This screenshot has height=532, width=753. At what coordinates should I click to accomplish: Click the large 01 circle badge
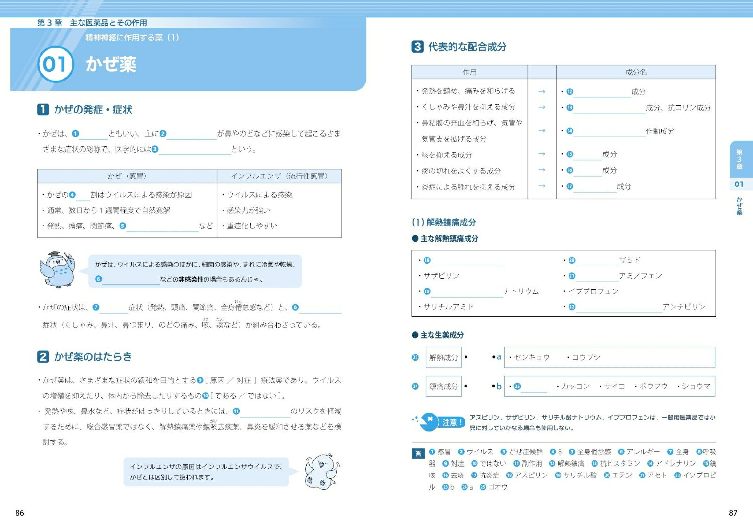(56, 64)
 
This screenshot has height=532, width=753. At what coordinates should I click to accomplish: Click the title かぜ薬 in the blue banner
(111, 64)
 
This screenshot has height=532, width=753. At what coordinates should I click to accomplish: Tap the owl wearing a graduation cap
(58, 269)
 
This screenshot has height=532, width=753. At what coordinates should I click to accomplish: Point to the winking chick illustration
(321, 472)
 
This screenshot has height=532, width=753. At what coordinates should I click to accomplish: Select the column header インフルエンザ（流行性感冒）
(279, 176)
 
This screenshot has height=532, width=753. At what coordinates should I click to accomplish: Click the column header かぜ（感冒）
(127, 176)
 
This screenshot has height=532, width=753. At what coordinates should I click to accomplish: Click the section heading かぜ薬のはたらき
(93, 356)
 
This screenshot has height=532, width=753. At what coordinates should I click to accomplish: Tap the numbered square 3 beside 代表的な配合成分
(417, 47)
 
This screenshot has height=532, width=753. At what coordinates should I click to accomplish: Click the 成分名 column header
(636, 72)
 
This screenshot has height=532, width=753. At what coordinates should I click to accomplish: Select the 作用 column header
(469, 72)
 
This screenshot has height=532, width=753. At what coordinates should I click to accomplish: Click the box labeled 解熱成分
(443, 357)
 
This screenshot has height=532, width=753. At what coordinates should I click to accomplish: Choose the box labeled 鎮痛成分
(443, 386)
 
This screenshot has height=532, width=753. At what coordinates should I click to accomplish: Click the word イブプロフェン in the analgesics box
(593, 291)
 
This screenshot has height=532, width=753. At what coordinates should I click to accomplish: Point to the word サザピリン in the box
(441, 275)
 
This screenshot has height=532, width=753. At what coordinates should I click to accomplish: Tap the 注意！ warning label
(452, 422)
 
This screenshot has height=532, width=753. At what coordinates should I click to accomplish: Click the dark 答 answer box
(418, 453)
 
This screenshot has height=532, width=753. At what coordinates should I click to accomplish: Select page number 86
(20, 513)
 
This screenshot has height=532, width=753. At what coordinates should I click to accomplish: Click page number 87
(733, 513)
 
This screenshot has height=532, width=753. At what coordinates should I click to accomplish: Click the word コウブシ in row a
(586, 357)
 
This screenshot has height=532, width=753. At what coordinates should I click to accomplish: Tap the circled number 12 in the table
(569, 92)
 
